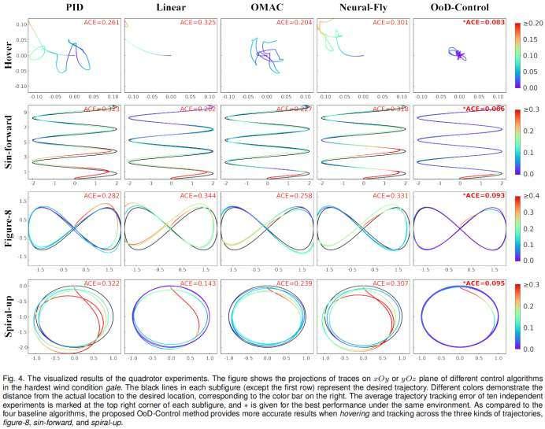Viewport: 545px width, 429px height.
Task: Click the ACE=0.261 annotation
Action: [x=102, y=23]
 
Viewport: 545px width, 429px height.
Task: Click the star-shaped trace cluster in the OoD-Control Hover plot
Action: [x=458, y=55]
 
